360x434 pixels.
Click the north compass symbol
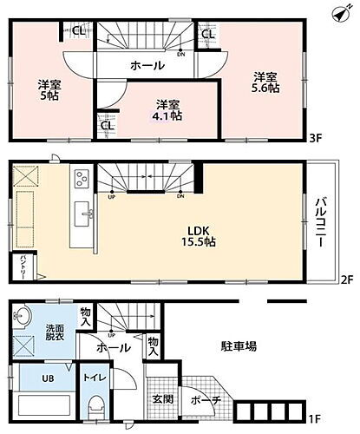point(346,10)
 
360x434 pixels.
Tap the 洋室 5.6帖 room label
point(265,81)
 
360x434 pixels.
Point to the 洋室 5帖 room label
point(49,90)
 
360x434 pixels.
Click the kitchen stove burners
point(82,180)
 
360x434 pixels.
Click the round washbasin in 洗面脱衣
point(24,316)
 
